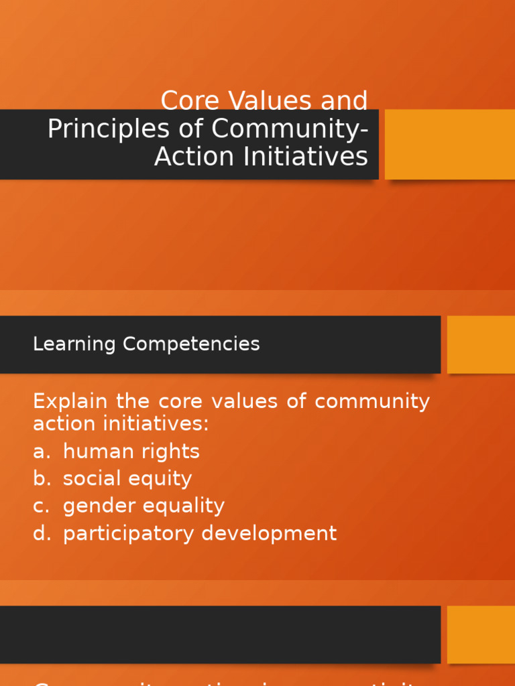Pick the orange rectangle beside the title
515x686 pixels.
[449, 144]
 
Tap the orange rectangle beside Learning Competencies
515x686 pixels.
[480, 344]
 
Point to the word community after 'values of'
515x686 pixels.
[372, 402]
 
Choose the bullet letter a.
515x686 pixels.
[41, 452]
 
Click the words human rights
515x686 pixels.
[131, 452]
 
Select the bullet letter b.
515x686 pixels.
[41, 479]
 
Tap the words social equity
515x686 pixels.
[127, 479]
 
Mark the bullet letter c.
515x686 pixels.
[41, 506]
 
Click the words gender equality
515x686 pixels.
[144, 506]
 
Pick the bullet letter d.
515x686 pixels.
[41, 534]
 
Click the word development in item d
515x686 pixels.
[269, 534]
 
